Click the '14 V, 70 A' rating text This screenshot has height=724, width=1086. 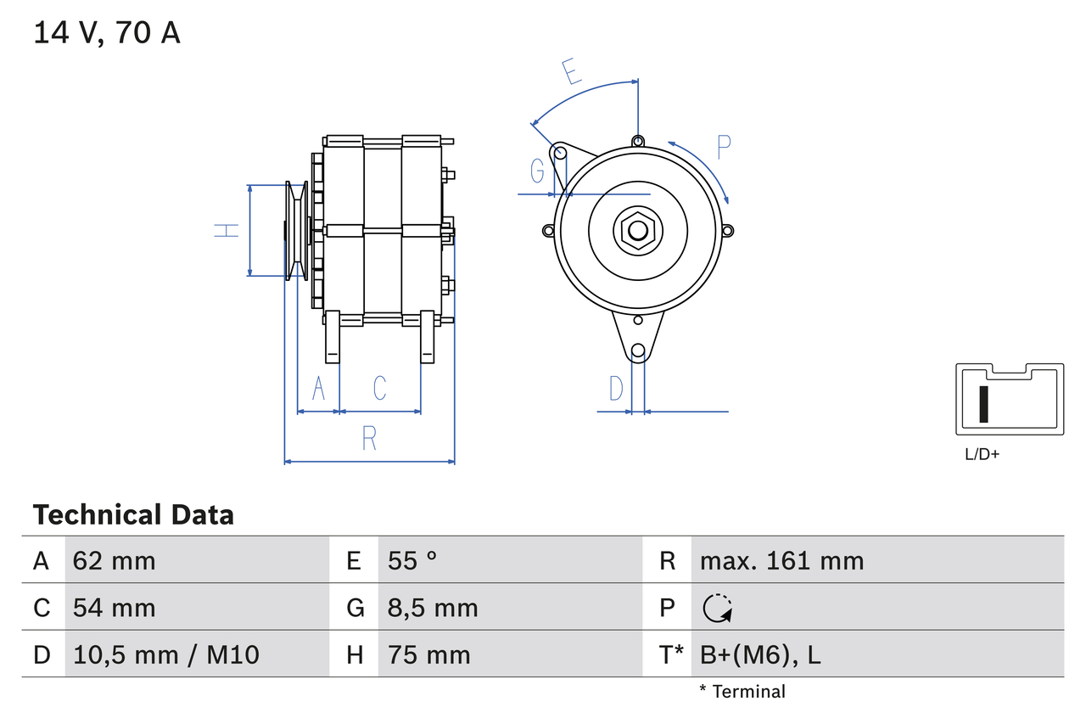point(107,33)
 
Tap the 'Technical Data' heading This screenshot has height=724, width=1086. point(133,514)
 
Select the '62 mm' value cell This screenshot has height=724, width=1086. point(115,560)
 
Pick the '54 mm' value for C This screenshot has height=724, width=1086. point(115,608)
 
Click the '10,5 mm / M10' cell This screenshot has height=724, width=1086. point(166,654)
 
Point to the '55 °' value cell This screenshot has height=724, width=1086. point(412,560)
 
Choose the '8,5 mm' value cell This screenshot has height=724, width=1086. point(433,608)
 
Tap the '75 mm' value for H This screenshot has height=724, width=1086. point(428,654)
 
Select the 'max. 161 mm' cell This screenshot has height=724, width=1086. point(781,560)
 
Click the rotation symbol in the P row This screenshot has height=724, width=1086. point(718,608)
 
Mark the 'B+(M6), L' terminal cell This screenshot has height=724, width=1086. point(760,654)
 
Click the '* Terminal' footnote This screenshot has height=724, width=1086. point(742,691)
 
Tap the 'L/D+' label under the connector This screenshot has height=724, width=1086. point(982,454)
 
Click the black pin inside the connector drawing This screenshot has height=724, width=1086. point(984,403)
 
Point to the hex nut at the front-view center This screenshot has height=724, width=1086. point(637,230)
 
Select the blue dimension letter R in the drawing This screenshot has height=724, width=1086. point(368,439)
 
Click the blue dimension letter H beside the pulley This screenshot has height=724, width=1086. point(227,229)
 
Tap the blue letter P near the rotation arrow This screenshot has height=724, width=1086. point(723,147)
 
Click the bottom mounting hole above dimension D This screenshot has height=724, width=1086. point(638,351)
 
